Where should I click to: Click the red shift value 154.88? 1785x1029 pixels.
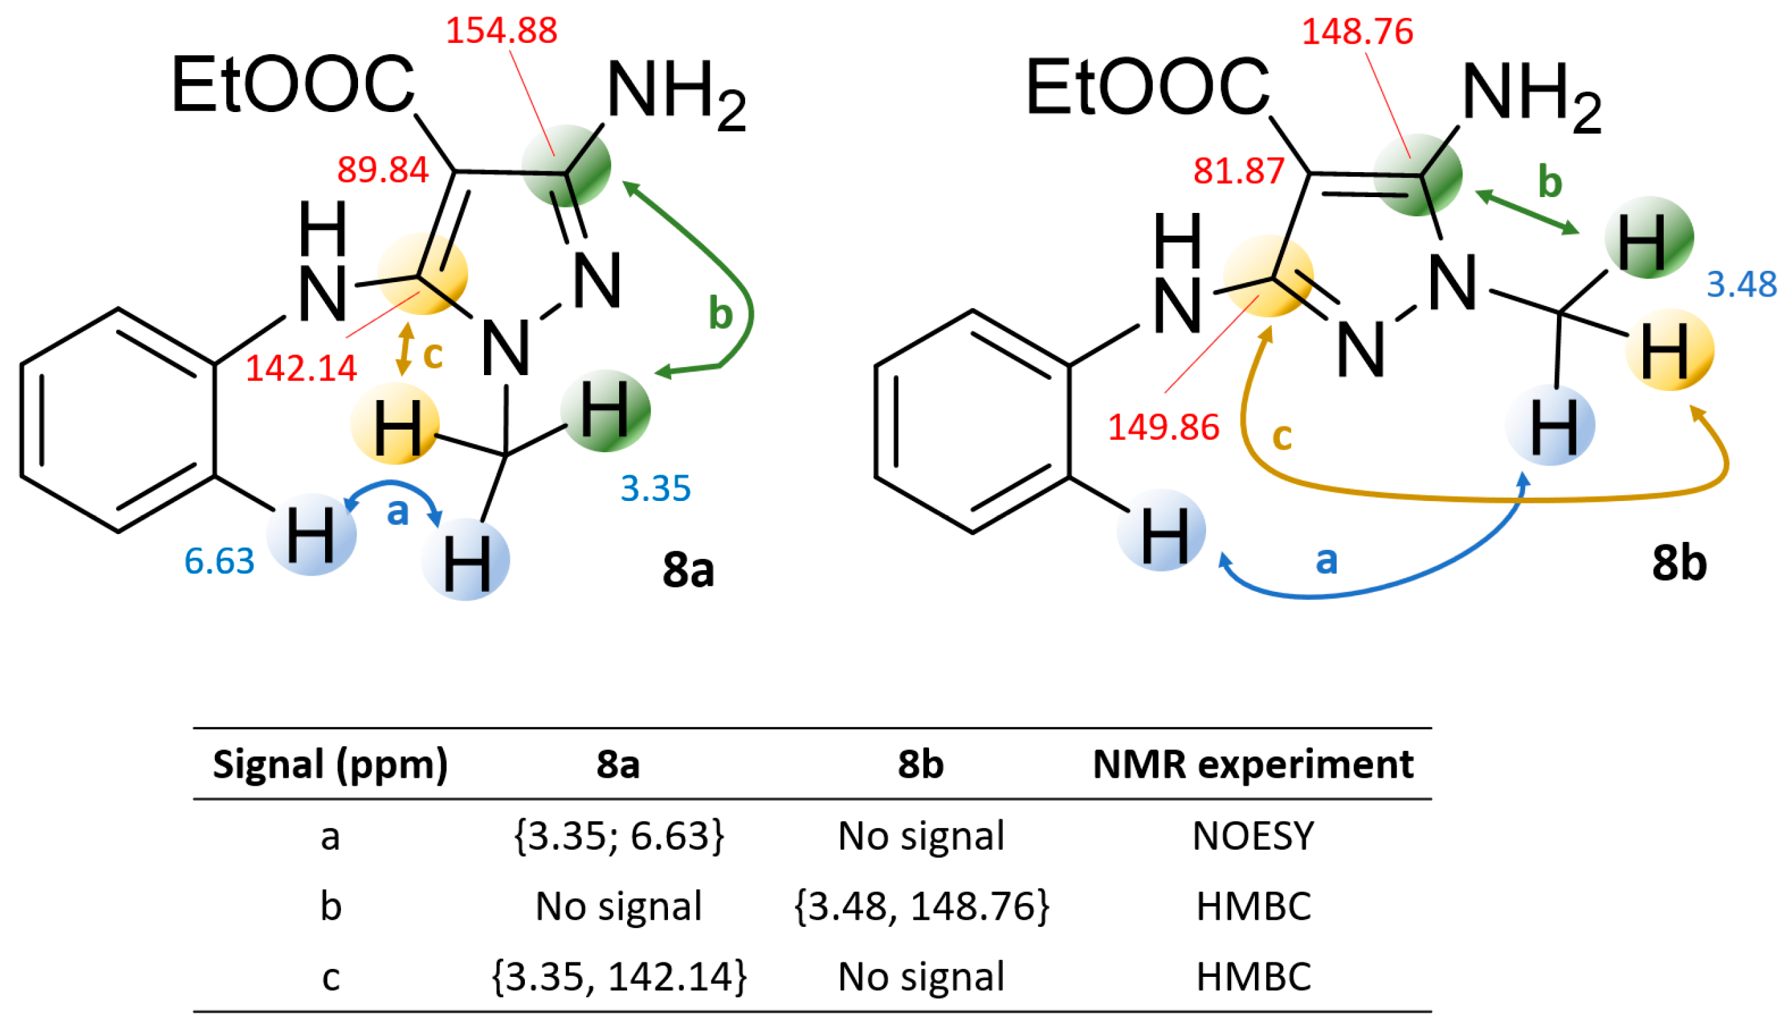tap(501, 31)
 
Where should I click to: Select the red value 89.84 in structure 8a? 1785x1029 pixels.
tap(382, 170)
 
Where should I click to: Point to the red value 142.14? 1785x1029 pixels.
tap(301, 368)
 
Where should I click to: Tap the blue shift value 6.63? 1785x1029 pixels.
tap(219, 561)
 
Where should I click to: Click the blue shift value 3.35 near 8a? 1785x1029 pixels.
tap(655, 488)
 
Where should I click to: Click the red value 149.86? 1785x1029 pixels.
tap(1164, 428)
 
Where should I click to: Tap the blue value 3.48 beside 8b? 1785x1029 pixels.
tap(1742, 285)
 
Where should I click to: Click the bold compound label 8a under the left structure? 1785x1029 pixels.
tap(688, 570)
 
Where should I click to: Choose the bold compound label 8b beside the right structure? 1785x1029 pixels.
tap(1679, 564)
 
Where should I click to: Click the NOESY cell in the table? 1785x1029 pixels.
tap(1253, 836)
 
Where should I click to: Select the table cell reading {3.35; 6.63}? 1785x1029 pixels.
tap(619, 836)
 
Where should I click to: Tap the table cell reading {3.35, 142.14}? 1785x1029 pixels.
tap(619, 978)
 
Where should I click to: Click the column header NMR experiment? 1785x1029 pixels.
tap(1253, 765)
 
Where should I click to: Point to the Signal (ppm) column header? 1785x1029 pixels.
tap(330, 765)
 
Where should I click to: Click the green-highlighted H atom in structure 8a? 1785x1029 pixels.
tap(605, 411)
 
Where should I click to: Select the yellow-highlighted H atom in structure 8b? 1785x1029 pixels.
tap(1669, 351)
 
